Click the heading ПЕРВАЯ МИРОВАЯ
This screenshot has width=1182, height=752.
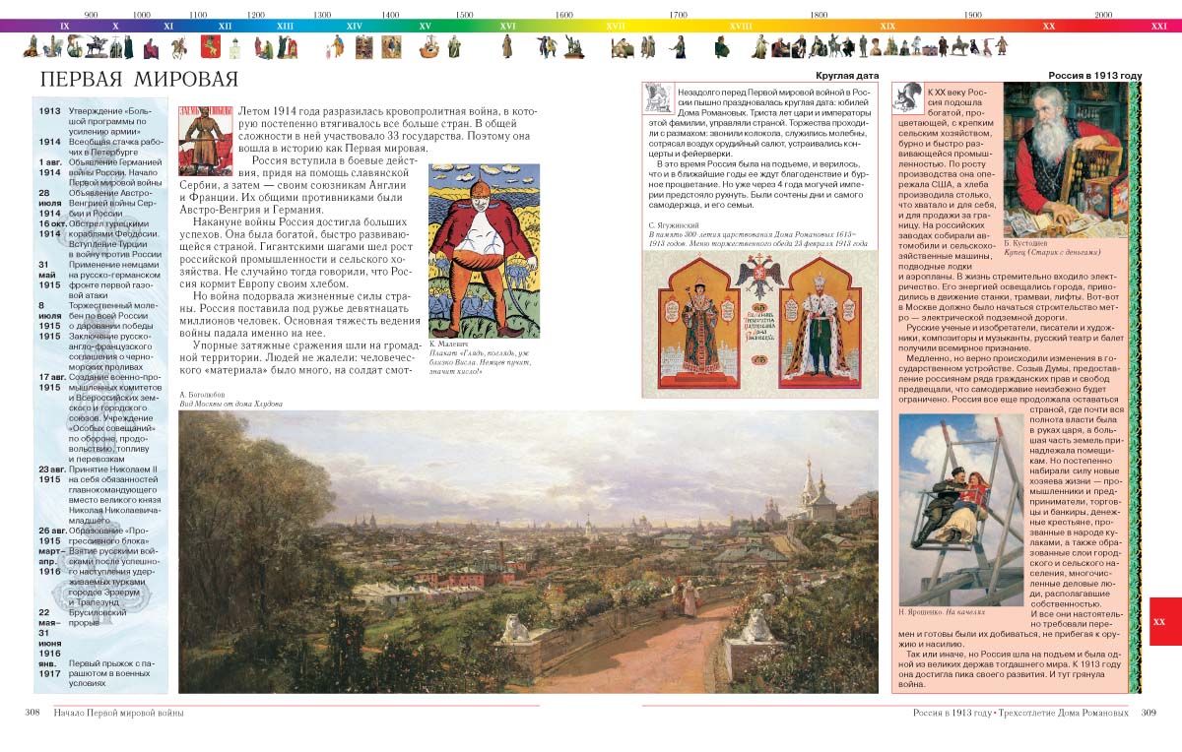click(130, 80)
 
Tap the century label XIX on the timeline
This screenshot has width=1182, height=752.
click(887, 27)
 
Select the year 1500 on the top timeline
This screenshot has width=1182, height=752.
click(464, 15)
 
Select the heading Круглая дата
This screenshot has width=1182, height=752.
click(846, 75)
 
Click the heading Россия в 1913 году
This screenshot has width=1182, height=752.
click(1094, 75)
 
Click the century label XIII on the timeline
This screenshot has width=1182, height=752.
click(285, 27)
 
